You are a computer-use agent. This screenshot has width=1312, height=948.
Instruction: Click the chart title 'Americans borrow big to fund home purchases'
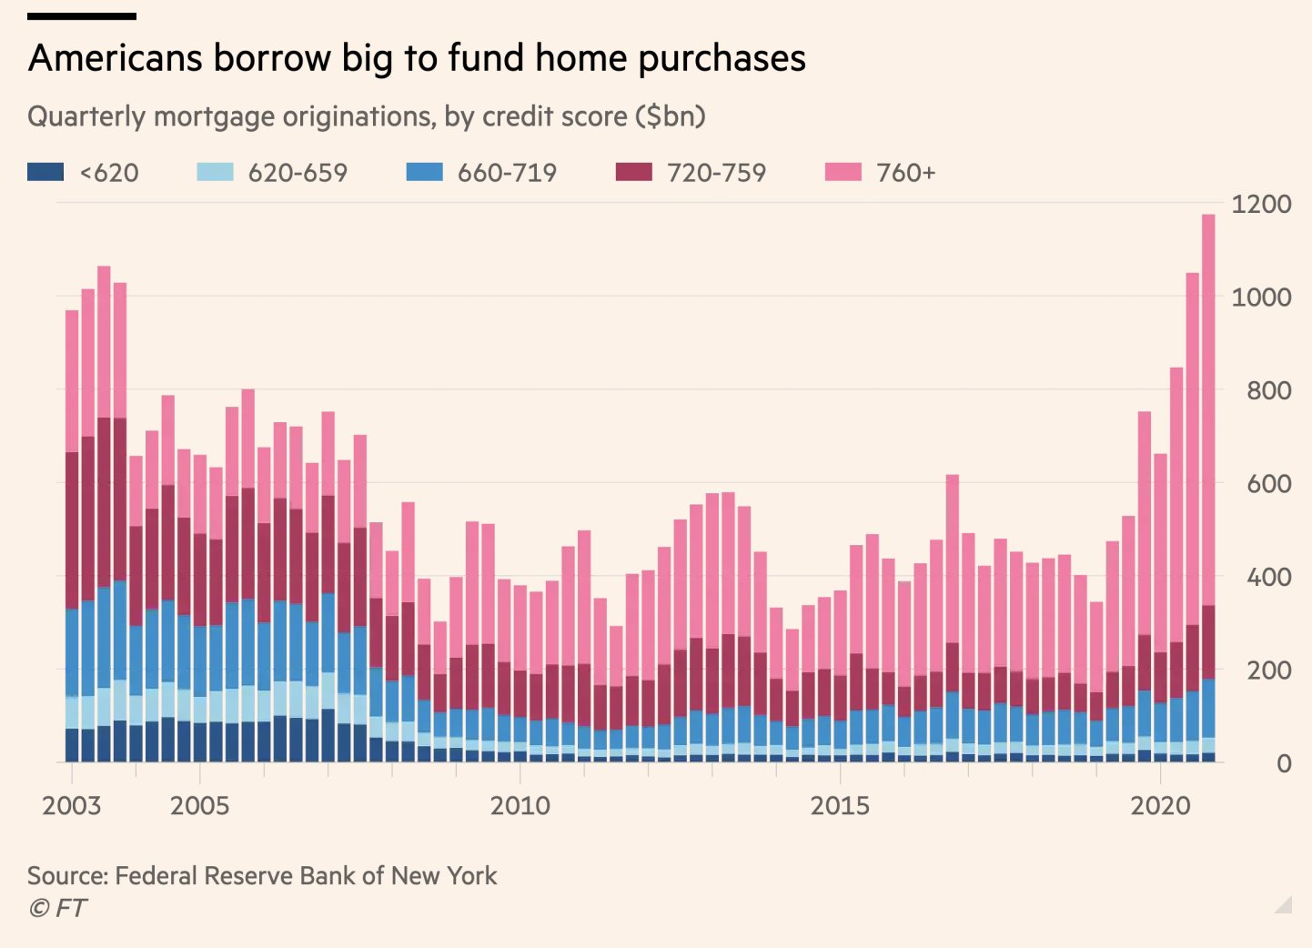(417, 58)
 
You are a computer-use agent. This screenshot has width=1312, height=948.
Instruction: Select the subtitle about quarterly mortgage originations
(367, 116)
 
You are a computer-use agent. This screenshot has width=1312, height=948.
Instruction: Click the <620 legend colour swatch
(45, 172)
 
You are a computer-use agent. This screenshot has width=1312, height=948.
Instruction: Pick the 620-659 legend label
(298, 173)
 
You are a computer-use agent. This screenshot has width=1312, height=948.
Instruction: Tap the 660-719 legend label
(507, 173)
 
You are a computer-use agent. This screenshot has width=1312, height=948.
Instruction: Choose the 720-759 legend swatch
(633, 172)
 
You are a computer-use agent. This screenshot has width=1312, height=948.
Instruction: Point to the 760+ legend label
(905, 173)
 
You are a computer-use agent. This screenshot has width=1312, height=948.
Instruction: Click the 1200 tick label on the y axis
(1260, 204)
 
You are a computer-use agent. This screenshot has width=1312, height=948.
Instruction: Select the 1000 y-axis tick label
(1260, 298)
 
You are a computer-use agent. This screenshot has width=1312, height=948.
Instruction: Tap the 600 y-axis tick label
(1268, 484)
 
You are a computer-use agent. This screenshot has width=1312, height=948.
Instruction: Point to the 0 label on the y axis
(1283, 763)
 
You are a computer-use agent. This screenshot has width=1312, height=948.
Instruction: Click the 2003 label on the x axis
(71, 806)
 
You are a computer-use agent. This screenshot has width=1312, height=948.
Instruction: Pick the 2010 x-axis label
(520, 806)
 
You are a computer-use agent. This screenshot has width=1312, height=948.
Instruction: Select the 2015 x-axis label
(840, 806)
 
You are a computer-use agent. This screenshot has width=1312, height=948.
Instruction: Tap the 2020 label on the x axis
(1160, 806)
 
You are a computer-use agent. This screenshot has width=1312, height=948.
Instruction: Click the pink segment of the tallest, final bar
(1208, 409)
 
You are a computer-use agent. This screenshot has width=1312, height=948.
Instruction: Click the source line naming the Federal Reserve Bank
(262, 875)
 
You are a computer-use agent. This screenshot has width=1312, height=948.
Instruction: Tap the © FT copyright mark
(57, 908)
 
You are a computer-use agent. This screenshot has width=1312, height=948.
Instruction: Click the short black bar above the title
(82, 16)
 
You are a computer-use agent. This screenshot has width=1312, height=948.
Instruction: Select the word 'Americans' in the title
(116, 58)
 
